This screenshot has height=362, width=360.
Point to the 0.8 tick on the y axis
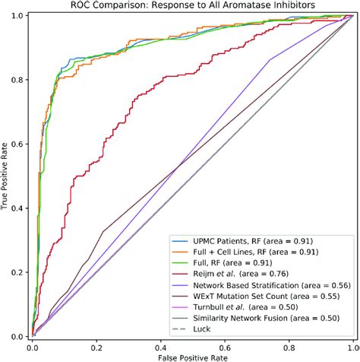[x=21, y=80]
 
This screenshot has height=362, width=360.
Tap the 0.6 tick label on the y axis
[x=21, y=144]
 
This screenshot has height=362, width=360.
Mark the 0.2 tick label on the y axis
[x=21, y=271]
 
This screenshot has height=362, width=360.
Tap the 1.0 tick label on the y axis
[x=21, y=17]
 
